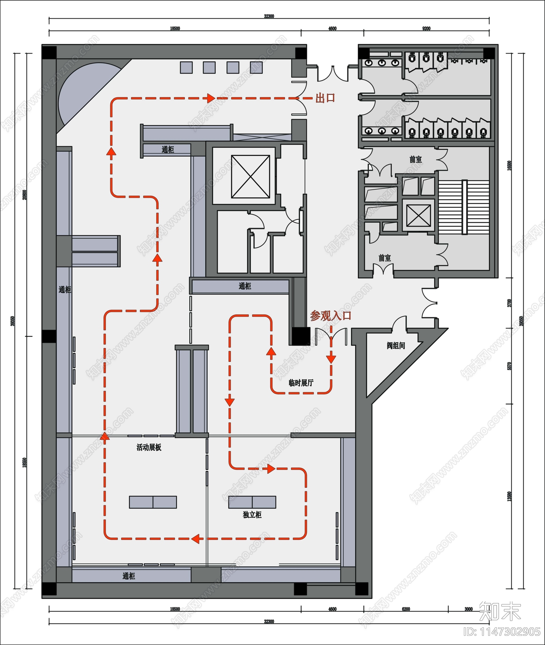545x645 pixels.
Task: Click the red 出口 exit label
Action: (x=325, y=98)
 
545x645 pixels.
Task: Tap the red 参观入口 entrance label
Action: (x=330, y=316)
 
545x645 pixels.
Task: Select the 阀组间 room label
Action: (x=396, y=346)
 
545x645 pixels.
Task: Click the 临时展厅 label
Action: (x=301, y=383)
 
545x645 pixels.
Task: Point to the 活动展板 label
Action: (x=149, y=447)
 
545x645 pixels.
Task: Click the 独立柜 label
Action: (x=252, y=515)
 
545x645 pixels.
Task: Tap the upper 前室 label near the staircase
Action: (x=416, y=160)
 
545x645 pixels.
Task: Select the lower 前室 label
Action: (x=385, y=258)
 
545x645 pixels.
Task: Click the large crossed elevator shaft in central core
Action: (x=251, y=177)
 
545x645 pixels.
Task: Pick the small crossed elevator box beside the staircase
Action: (x=418, y=216)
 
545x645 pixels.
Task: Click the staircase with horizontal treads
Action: (x=464, y=207)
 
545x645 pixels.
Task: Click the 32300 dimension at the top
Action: (x=269, y=16)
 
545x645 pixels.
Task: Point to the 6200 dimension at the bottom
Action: (x=406, y=609)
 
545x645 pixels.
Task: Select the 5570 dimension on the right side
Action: (x=509, y=366)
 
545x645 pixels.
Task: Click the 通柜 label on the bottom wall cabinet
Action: (x=129, y=576)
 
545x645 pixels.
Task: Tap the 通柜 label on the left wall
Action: (x=65, y=290)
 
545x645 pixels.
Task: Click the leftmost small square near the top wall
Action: (x=186, y=67)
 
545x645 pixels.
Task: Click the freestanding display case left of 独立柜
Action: (x=153, y=502)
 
